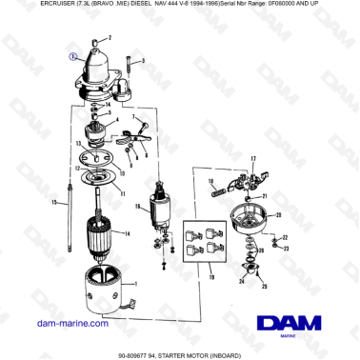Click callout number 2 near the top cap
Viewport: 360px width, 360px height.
pos(109,36)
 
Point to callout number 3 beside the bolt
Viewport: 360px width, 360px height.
pos(144,60)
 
